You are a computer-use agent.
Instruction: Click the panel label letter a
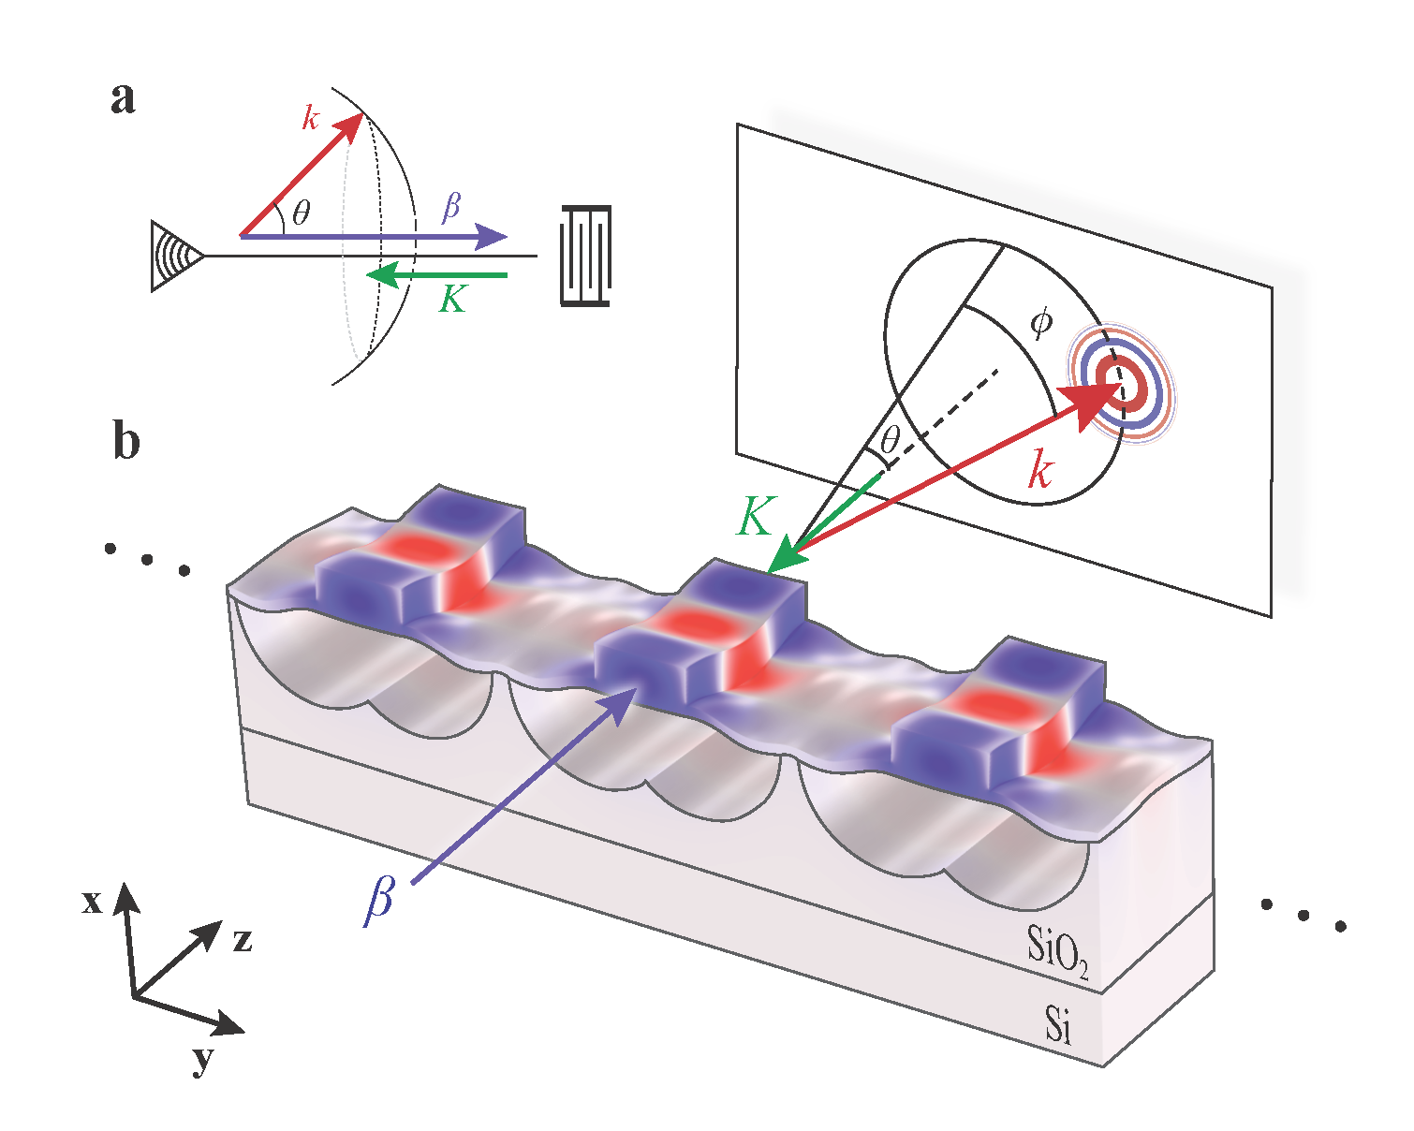[123, 97]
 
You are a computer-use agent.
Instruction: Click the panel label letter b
[126, 439]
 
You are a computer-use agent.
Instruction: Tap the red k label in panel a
[311, 118]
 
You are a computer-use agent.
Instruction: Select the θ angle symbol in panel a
[301, 214]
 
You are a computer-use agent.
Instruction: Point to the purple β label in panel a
[451, 206]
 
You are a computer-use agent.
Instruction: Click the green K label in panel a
[452, 299]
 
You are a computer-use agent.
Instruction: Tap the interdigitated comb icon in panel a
[586, 255]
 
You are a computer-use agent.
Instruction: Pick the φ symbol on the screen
[1040, 323]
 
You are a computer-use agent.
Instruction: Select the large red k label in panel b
[1040, 468]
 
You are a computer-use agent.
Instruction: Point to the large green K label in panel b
[756, 515]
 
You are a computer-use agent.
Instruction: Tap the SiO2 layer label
[1057, 947]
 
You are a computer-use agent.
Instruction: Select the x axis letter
[91, 902]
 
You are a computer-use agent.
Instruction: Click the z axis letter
[243, 939]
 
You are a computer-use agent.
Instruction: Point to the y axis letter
[202, 1060]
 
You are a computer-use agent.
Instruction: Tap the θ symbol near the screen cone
[891, 438]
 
